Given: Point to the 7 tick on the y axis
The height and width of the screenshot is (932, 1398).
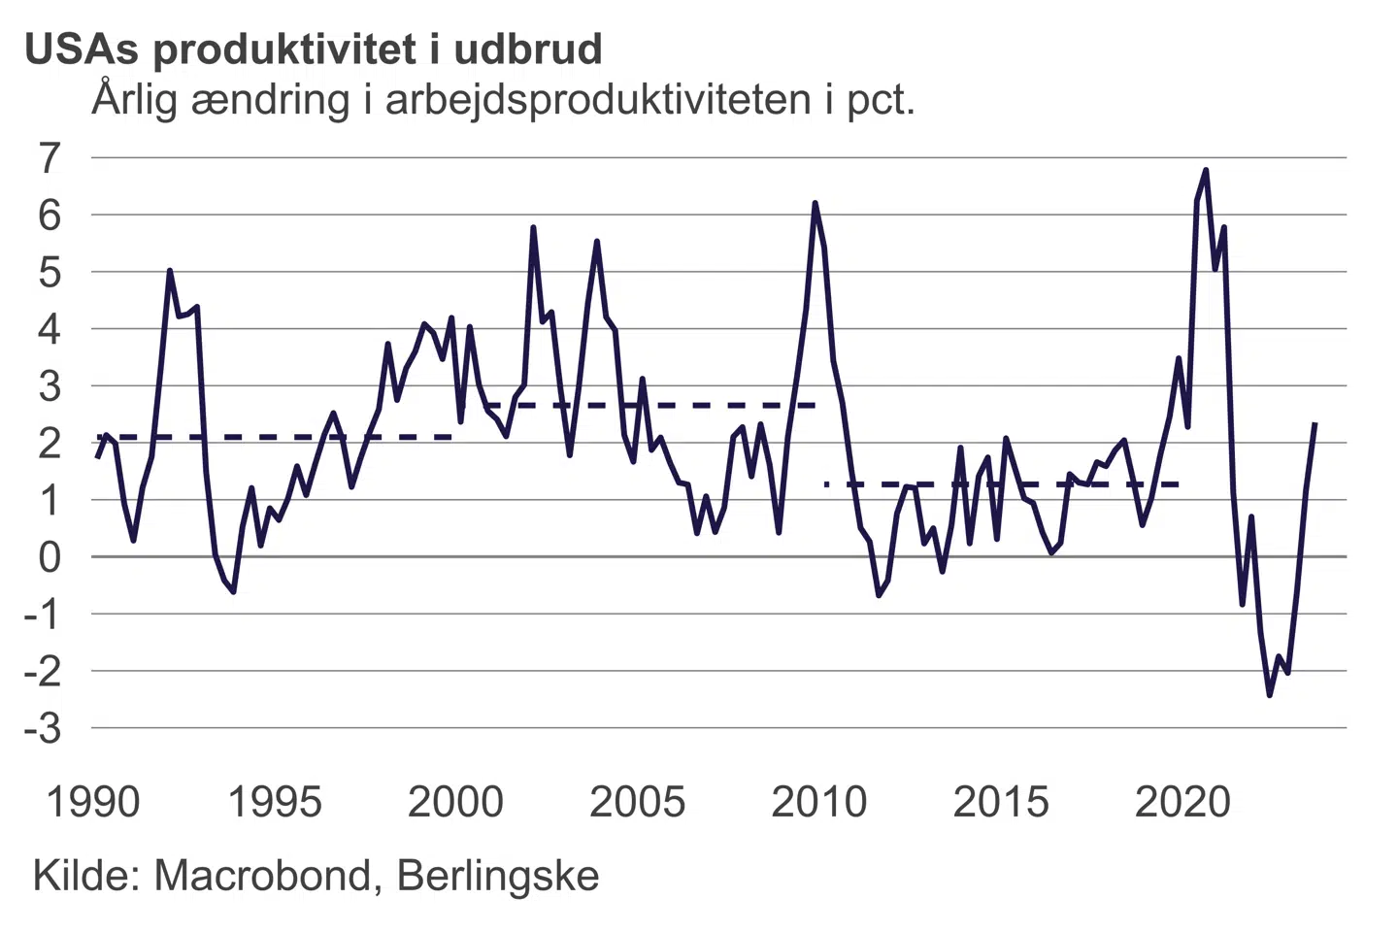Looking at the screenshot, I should point(50,157).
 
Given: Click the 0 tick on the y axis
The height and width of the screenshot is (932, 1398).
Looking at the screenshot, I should point(50,557).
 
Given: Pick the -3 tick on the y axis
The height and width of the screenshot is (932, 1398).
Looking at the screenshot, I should point(44,728).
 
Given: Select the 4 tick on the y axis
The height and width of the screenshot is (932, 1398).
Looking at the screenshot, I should point(50,329).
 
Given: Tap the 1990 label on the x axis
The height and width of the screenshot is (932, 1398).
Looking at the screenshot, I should point(93,803).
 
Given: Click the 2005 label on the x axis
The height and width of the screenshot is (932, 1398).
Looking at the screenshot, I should point(637,803).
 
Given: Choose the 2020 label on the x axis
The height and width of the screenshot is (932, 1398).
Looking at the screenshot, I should point(1182,803).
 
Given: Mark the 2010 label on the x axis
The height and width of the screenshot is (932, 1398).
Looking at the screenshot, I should point(818,803).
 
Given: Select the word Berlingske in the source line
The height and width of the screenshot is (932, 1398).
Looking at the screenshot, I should point(498,876).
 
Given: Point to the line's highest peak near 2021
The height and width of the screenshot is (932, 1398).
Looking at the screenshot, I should point(1205,171).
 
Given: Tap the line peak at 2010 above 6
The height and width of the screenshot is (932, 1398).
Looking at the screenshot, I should point(815,203).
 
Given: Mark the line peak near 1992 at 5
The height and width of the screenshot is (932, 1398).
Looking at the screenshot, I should point(170,271).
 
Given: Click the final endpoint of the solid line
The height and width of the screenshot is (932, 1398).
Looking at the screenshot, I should point(1315,424).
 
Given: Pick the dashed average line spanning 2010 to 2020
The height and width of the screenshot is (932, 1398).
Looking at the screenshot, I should point(1000,483).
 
